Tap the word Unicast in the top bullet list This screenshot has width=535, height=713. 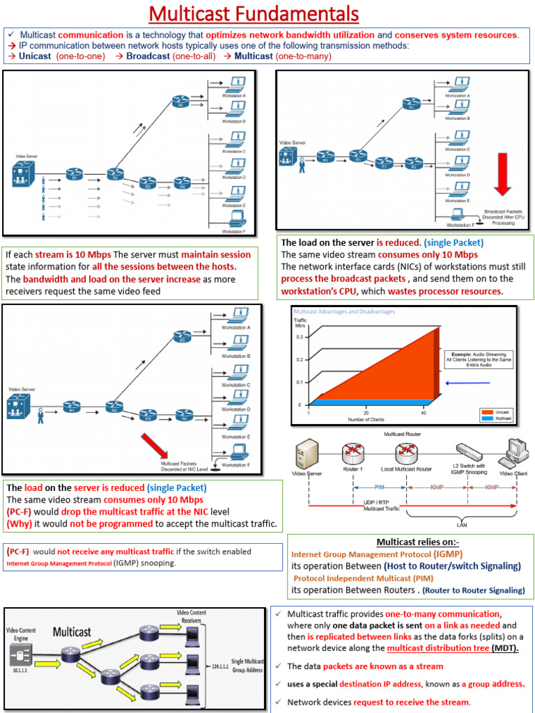pyautogui.click(x=35, y=56)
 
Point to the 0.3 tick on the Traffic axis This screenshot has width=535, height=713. pyautogui.click(x=300, y=336)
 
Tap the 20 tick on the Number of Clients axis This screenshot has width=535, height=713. pyautogui.click(x=366, y=412)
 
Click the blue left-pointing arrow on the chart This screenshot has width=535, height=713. pyautogui.click(x=468, y=383)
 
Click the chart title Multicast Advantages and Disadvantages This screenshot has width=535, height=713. pyautogui.click(x=344, y=311)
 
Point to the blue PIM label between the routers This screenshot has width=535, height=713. pyautogui.click(x=380, y=487)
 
